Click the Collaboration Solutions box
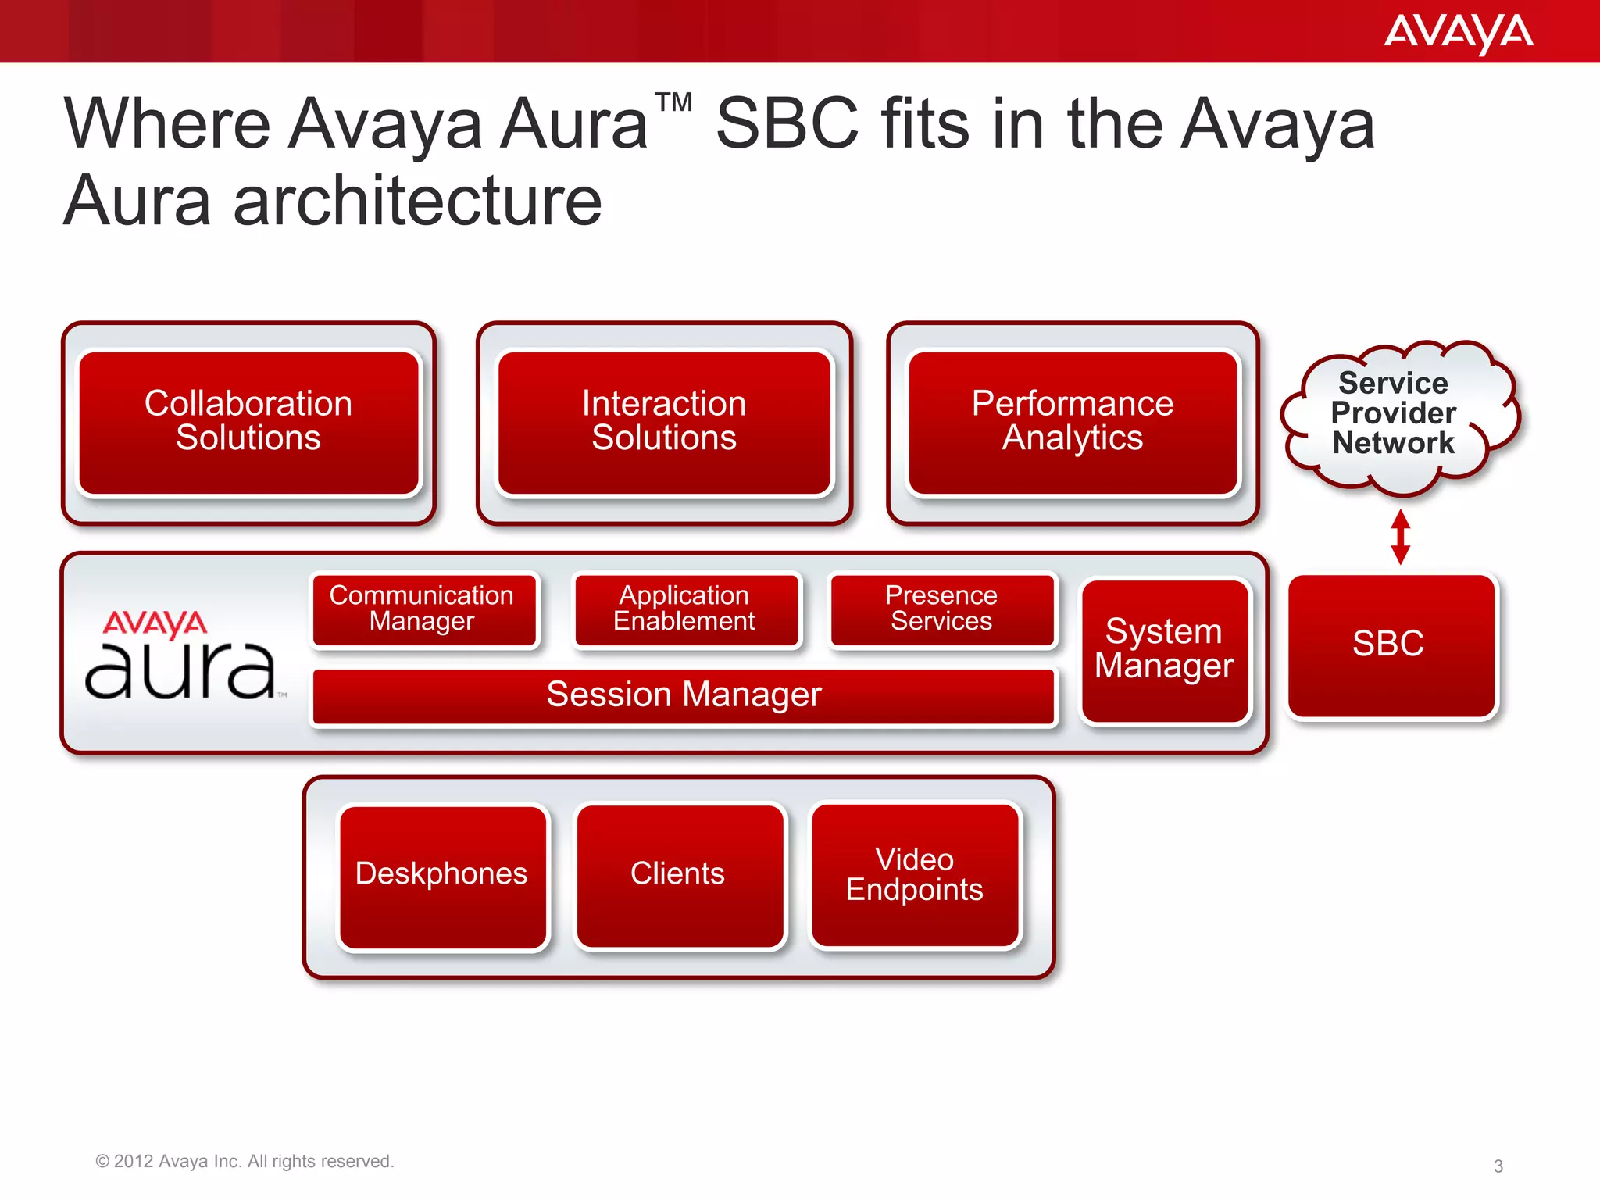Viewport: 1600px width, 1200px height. click(248, 422)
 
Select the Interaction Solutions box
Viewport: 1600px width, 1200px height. click(664, 422)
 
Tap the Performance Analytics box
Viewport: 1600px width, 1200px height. click(1073, 422)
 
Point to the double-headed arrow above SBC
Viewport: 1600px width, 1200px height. click(1401, 537)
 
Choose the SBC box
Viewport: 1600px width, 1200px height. click(1391, 645)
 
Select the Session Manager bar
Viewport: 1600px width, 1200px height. click(684, 695)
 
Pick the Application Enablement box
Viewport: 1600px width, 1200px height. click(686, 609)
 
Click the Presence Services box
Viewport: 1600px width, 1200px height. click(942, 609)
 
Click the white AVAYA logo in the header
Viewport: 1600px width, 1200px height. click(1458, 33)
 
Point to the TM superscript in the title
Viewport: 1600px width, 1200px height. click(673, 104)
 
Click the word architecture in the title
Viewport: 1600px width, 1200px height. click(418, 202)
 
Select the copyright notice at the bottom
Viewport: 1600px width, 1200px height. click(245, 1162)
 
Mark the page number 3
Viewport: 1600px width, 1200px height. click(1498, 1166)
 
